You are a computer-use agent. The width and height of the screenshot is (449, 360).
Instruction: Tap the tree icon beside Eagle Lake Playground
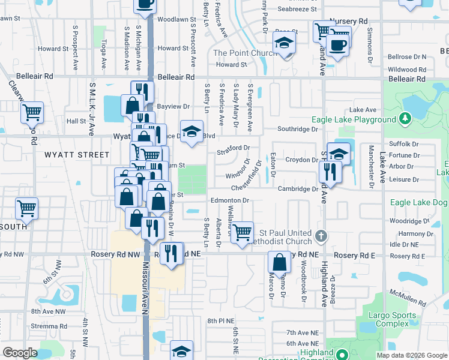pyautogui.click(x=405, y=119)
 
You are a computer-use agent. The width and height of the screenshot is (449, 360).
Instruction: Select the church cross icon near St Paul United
pyautogui.click(x=321, y=236)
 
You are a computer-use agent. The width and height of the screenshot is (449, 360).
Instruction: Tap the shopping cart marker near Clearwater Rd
pyautogui.click(x=32, y=112)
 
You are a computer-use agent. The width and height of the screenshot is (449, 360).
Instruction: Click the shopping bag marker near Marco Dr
pyautogui.click(x=280, y=262)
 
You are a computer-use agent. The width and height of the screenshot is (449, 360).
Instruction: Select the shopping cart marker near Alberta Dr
pyautogui.click(x=242, y=232)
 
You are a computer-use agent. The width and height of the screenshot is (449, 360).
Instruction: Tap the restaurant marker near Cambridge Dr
pyautogui.click(x=330, y=172)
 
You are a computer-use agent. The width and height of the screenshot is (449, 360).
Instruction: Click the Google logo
pyautogui.click(x=20, y=353)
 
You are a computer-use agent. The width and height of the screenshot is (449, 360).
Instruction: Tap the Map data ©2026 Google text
pyautogui.click(x=411, y=355)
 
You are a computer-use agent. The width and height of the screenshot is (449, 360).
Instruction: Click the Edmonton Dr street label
pyautogui.click(x=229, y=200)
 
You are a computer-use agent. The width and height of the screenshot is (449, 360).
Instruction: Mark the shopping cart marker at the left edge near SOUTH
pyautogui.click(x=27, y=208)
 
